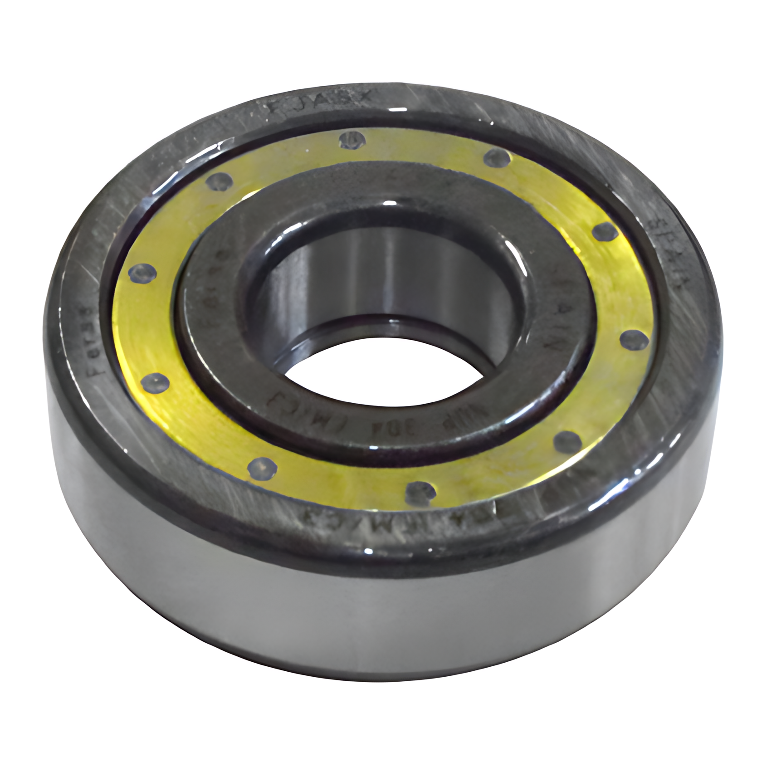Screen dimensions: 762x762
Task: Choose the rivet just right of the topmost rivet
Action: click(x=497, y=159)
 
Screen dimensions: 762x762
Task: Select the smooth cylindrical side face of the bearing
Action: click(x=363, y=635)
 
